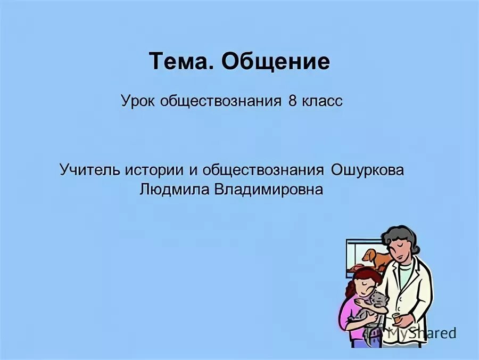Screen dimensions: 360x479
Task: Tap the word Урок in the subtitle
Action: point(138,101)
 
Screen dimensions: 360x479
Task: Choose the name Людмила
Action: point(174,189)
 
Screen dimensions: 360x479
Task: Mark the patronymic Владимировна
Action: point(268,189)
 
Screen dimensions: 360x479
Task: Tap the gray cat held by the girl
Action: point(376,306)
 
